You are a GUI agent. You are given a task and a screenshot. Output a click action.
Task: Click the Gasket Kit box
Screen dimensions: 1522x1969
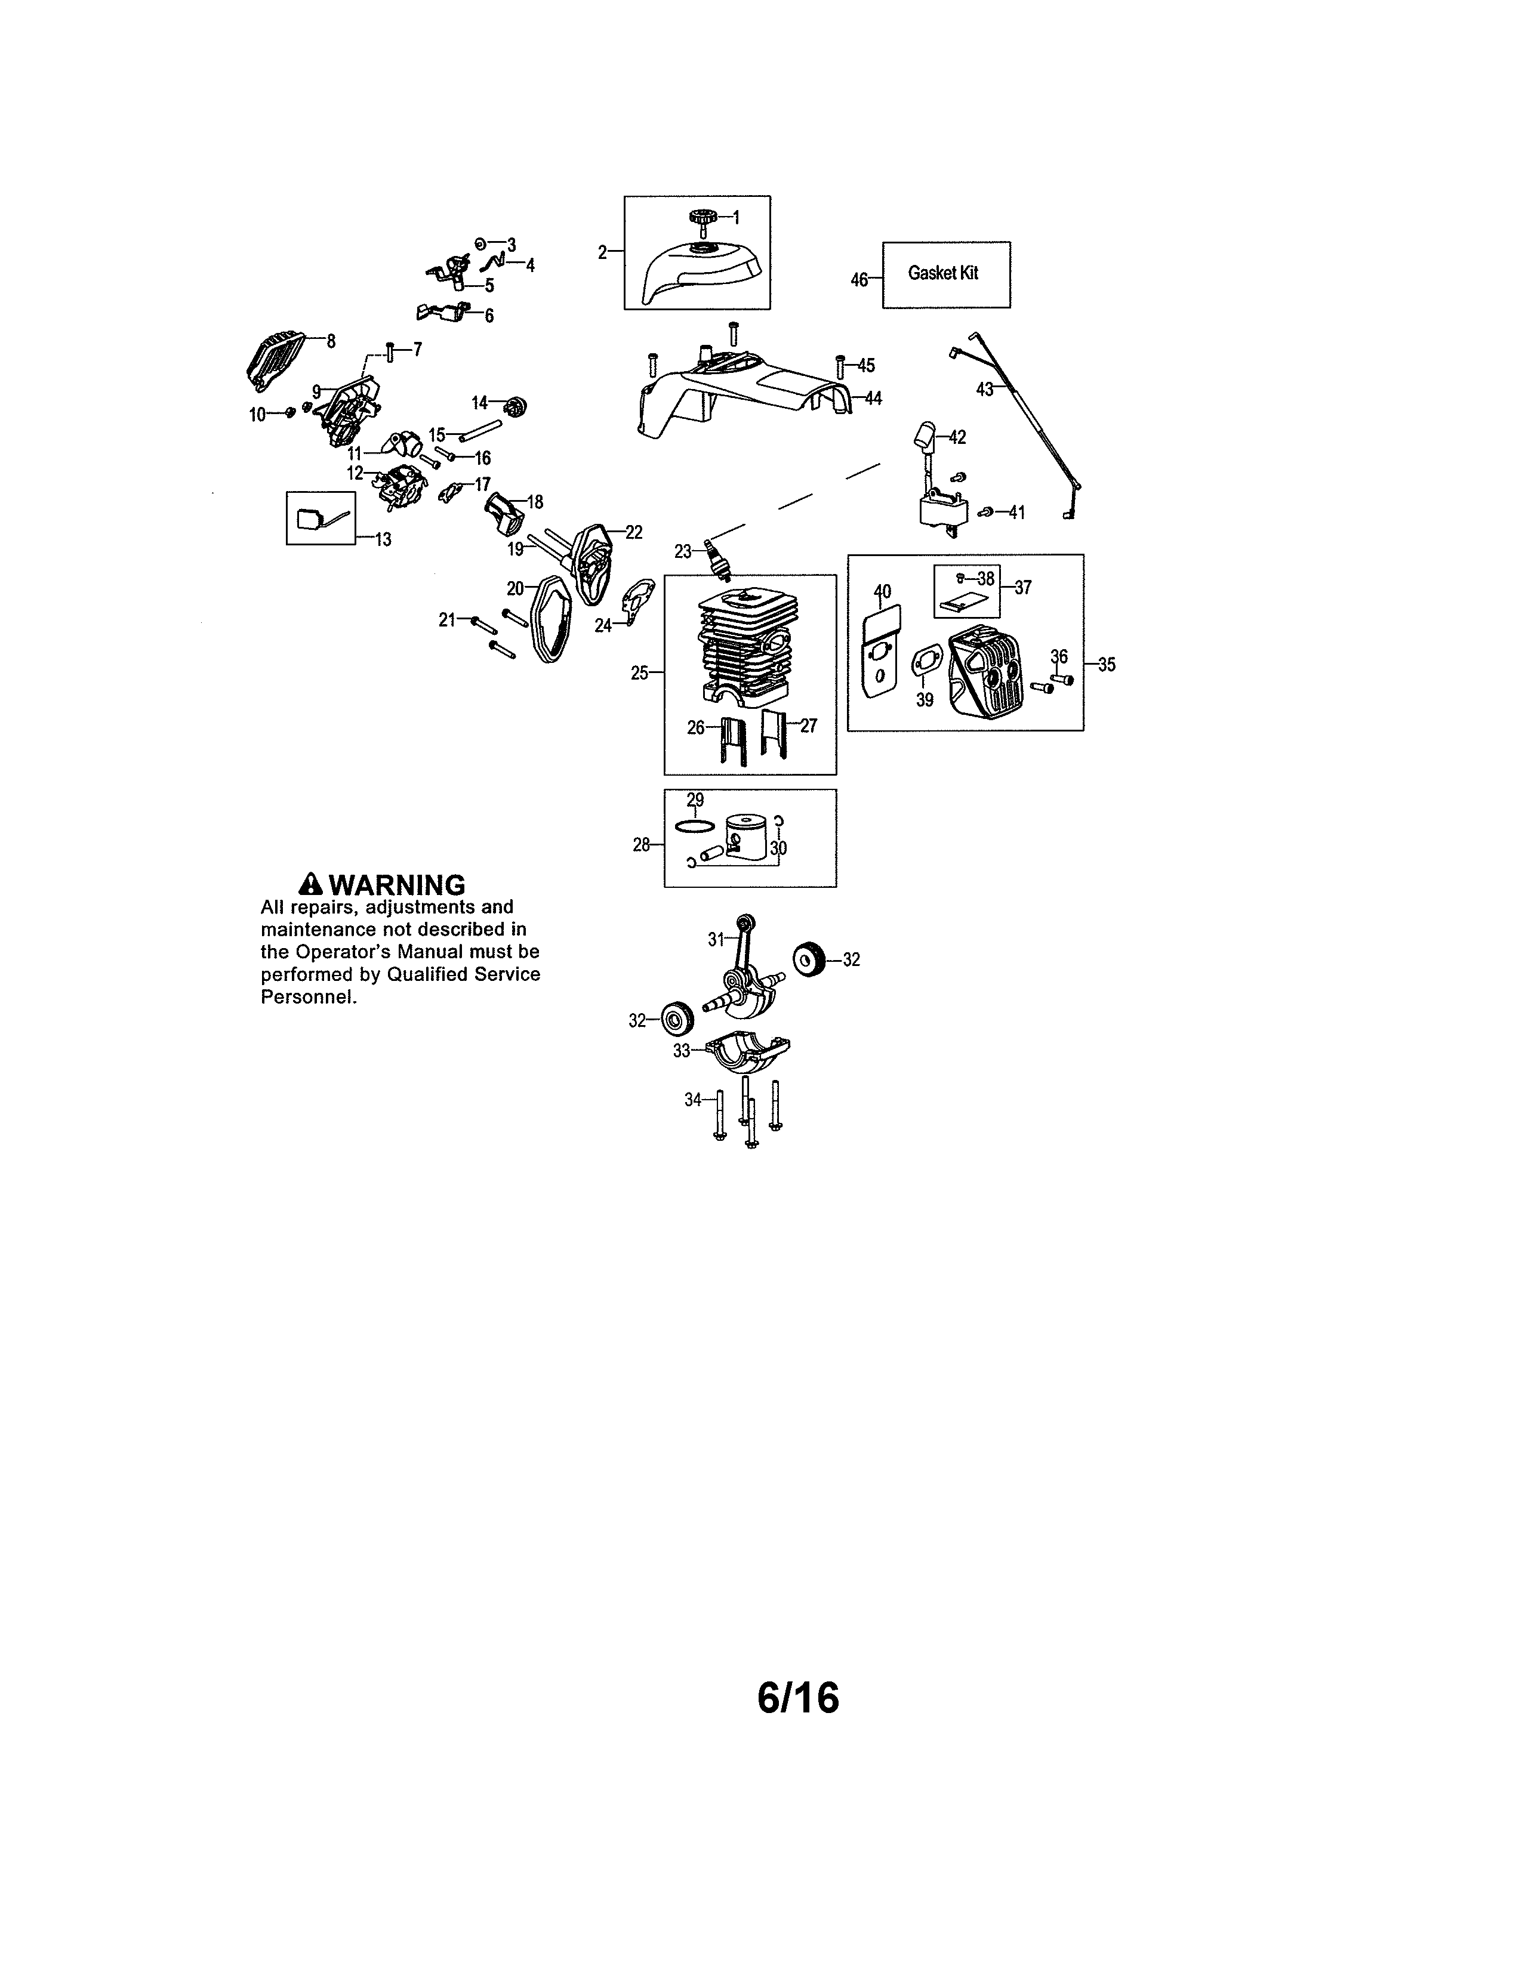click(x=946, y=275)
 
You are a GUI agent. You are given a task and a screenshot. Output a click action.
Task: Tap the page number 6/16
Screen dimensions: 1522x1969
click(x=798, y=1698)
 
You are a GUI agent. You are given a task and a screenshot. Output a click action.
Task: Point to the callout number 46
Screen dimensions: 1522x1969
click(x=859, y=280)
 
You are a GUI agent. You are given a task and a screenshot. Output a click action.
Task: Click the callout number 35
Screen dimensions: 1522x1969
click(x=1107, y=665)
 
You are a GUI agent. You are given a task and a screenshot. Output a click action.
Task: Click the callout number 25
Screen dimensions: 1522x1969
click(x=639, y=672)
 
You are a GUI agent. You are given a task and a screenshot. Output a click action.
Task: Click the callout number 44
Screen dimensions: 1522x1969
click(x=873, y=397)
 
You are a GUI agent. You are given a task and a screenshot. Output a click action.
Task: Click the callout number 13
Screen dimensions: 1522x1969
click(x=383, y=540)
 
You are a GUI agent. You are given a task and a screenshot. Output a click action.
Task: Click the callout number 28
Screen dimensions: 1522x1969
click(x=641, y=845)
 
